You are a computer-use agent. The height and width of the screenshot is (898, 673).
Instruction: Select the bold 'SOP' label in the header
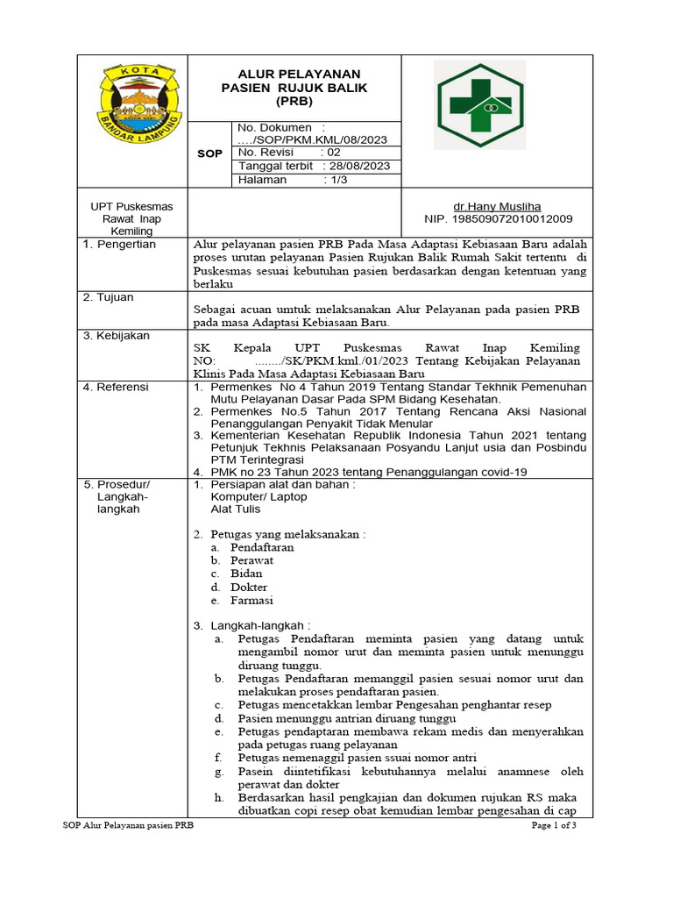[209, 153]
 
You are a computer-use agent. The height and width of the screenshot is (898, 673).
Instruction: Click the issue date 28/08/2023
[358, 166]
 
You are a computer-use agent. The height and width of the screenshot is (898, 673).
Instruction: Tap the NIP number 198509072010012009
[498, 218]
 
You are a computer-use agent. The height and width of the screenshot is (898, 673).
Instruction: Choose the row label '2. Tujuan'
[108, 297]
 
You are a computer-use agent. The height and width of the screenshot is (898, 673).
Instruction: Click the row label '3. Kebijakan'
[116, 336]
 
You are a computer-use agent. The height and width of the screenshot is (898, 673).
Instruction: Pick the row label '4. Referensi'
[116, 387]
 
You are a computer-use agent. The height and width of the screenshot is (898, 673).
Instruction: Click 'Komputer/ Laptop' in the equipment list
[259, 496]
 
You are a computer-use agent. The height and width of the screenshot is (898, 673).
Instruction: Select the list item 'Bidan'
[246, 574]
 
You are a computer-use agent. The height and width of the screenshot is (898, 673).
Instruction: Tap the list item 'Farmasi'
[251, 601]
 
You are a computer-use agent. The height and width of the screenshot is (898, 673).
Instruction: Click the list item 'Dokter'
[249, 588]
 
